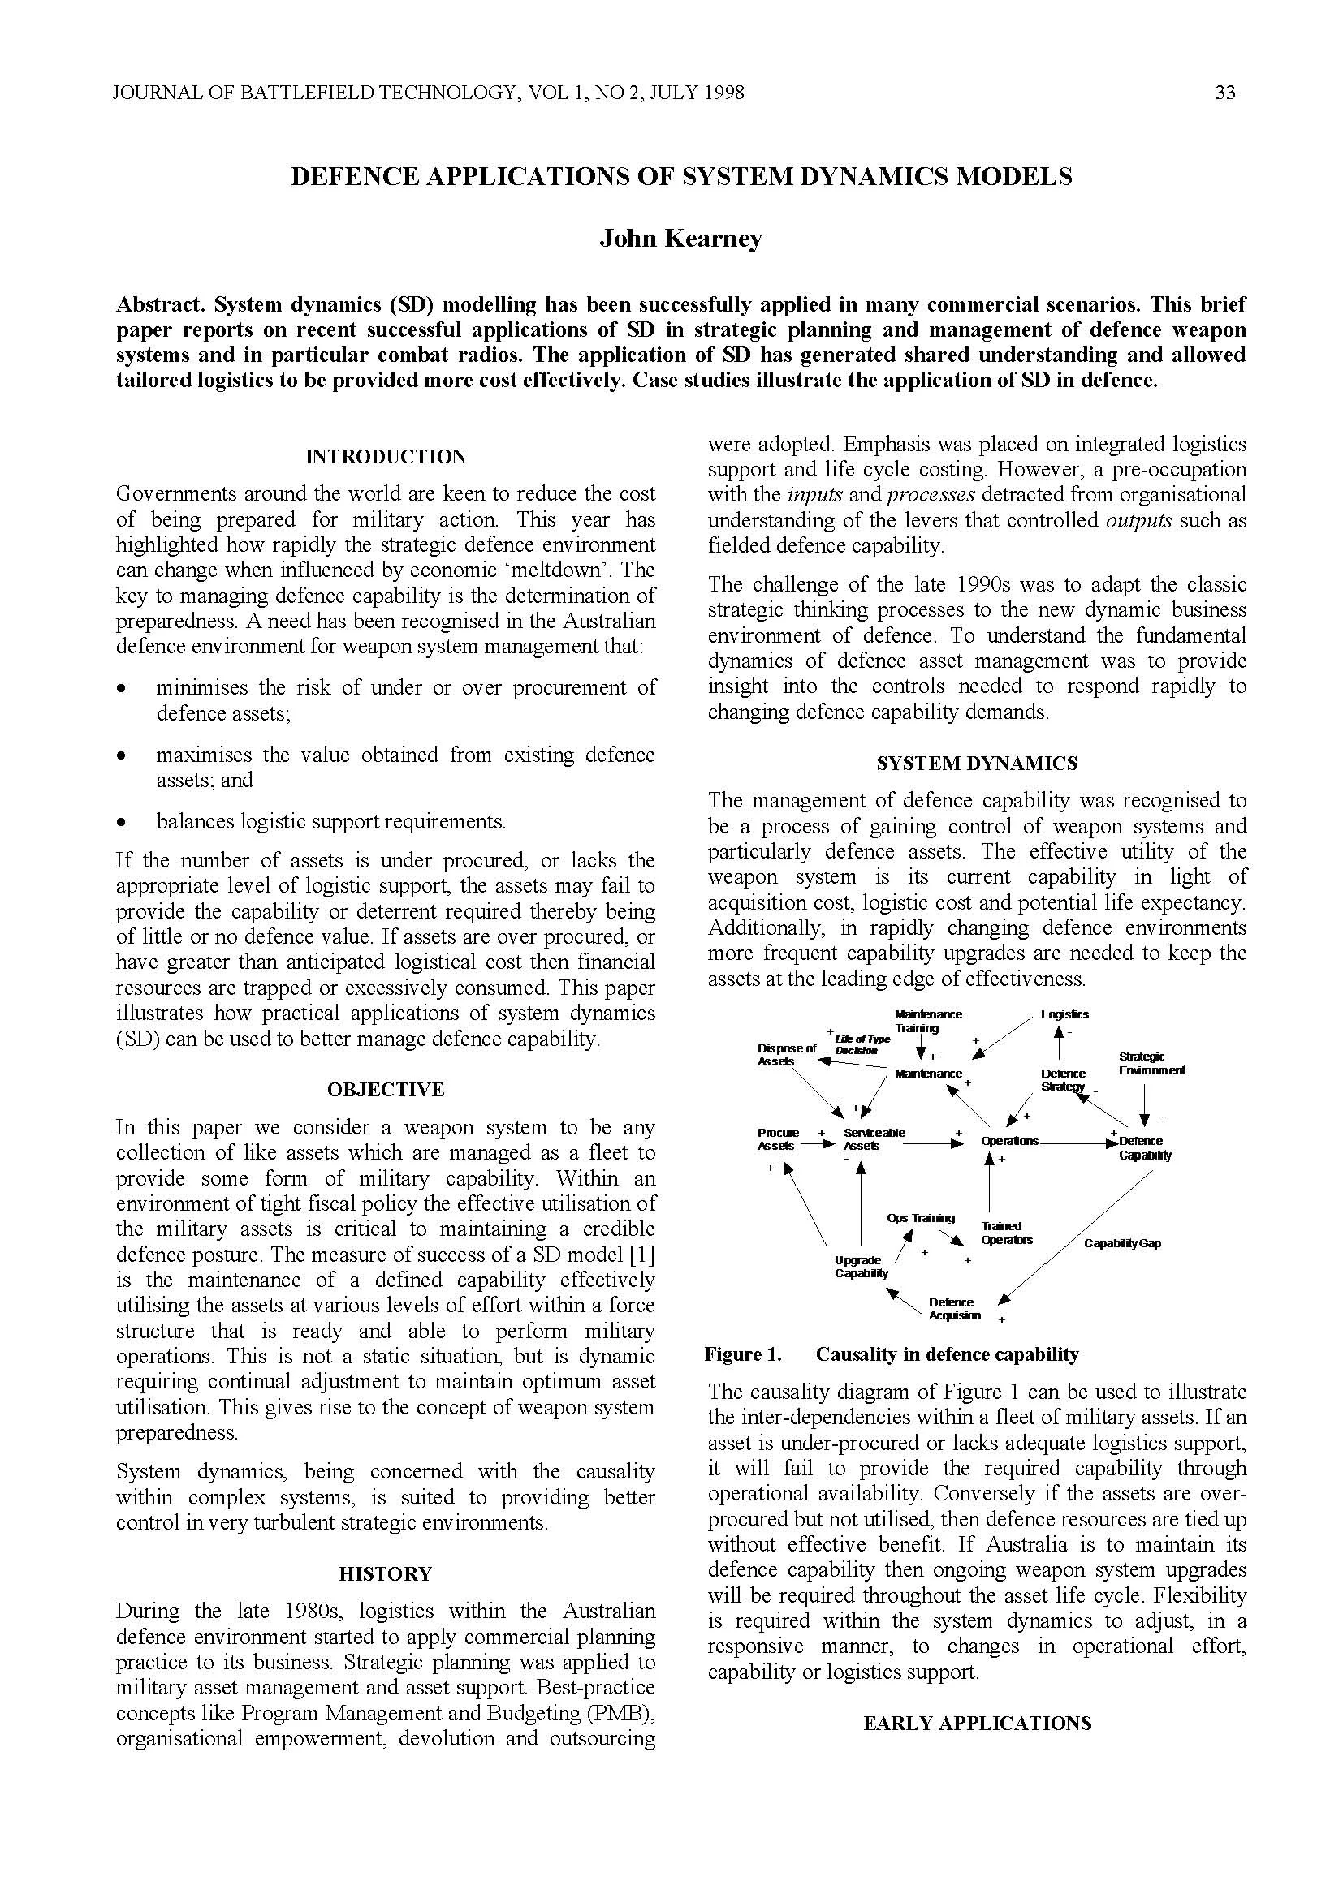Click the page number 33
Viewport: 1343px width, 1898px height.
coord(1224,93)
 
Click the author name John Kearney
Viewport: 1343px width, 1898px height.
coord(680,239)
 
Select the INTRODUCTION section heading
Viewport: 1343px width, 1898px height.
coord(386,456)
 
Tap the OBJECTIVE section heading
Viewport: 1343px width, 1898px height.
coord(386,1090)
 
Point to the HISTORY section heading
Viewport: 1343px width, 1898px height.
coord(386,1573)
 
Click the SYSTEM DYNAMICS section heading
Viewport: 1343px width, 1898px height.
coord(977,763)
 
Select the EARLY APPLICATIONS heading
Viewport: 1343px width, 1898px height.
coord(977,1723)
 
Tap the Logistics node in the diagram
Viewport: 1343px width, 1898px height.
coord(1064,1014)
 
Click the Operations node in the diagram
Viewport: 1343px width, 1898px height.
coord(1009,1141)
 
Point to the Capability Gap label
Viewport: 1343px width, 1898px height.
coord(1122,1243)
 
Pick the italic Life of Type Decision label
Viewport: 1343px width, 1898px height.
coord(862,1045)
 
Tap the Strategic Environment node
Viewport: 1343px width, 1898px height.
coord(1151,1063)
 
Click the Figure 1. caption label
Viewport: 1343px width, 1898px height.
coord(742,1354)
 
